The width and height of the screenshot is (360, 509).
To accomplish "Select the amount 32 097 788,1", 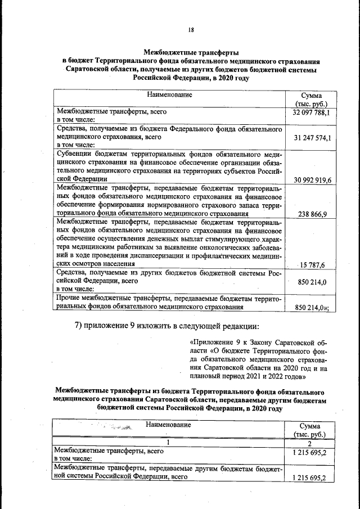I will click(x=311, y=112).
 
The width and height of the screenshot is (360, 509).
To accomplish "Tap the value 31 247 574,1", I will click(x=311, y=137).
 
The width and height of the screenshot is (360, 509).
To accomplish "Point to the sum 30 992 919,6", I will click(x=311, y=179).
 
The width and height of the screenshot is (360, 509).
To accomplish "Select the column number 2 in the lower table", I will click(x=310, y=443).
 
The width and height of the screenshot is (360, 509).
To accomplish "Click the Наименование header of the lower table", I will click(x=169, y=425).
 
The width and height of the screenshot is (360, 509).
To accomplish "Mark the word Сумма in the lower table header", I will click(x=310, y=426).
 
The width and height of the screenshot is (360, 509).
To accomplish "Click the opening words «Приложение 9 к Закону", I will click(x=225, y=341).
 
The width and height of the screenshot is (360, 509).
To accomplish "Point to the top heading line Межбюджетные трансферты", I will click(x=191, y=51).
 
